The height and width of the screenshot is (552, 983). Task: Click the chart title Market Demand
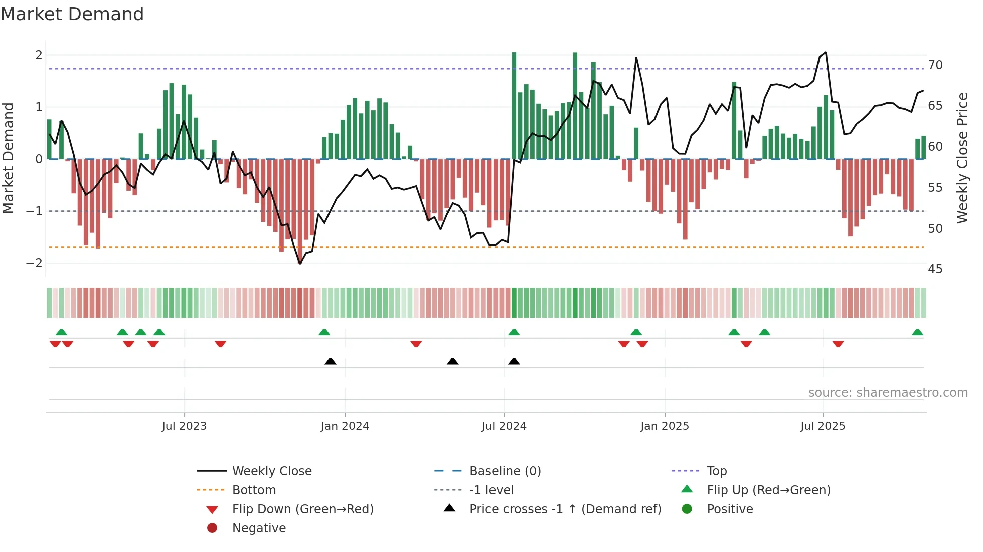click(x=72, y=14)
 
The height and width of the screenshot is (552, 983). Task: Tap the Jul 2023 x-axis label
click(x=184, y=426)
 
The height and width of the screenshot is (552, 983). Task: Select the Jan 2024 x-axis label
click(x=345, y=426)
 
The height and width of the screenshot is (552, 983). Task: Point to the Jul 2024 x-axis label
click(x=504, y=426)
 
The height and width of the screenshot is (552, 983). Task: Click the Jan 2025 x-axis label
click(x=665, y=426)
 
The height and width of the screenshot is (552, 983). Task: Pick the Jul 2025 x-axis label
click(x=823, y=426)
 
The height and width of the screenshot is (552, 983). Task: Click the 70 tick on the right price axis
click(x=935, y=65)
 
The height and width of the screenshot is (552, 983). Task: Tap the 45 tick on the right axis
click(x=935, y=269)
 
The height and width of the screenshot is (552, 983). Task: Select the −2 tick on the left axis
click(x=34, y=263)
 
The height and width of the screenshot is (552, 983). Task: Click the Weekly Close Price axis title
click(x=962, y=158)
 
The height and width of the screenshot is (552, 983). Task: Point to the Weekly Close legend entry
click(x=272, y=471)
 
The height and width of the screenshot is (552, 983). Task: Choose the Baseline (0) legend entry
click(x=505, y=471)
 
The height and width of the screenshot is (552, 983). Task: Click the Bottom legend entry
click(x=254, y=490)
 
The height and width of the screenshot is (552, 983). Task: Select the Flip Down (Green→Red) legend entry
click(x=302, y=509)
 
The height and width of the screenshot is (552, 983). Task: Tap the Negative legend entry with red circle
click(x=259, y=528)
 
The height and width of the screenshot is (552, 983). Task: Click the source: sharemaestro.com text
click(x=888, y=393)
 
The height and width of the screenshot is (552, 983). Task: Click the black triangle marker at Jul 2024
click(x=514, y=361)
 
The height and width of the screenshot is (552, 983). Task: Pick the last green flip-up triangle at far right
click(x=917, y=332)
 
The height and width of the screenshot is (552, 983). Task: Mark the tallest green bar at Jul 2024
click(x=514, y=105)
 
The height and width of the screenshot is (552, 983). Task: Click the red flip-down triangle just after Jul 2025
click(x=838, y=344)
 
